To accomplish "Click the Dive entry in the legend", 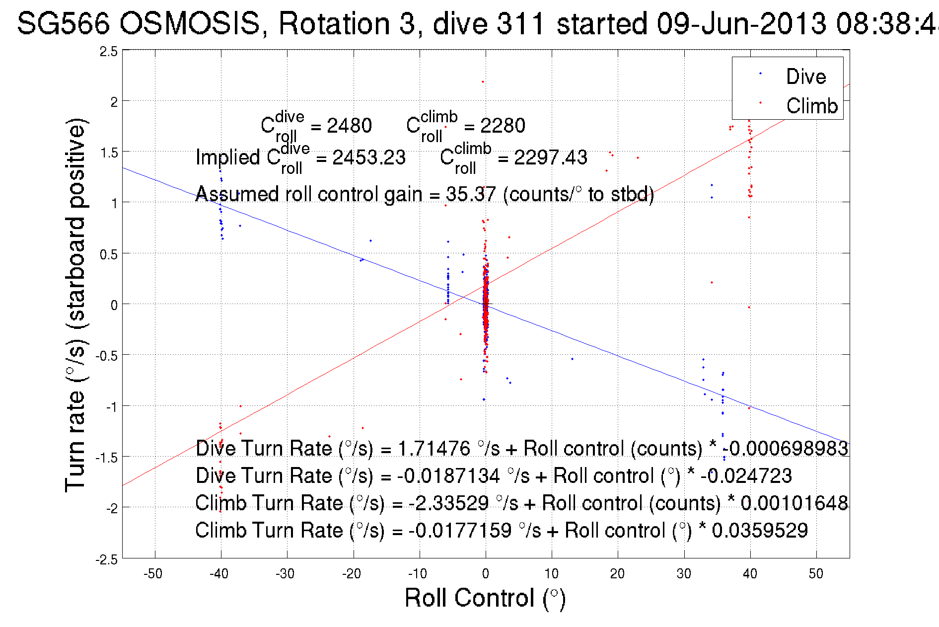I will point(805,77).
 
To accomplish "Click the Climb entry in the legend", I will point(811,106).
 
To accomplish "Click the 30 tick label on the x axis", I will point(684,574).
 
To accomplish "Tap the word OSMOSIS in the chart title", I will point(190,23).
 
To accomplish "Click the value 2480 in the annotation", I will point(349,126).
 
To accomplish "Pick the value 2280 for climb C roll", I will point(503,126).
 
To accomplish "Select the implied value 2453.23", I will point(369,157).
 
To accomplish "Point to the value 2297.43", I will point(550,157).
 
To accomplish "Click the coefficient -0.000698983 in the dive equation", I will point(785,448).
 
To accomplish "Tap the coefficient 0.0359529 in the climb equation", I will point(760,530).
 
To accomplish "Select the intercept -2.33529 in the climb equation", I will point(448,503).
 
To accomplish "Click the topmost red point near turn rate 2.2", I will point(483,81).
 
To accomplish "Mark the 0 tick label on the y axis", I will point(114,305).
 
